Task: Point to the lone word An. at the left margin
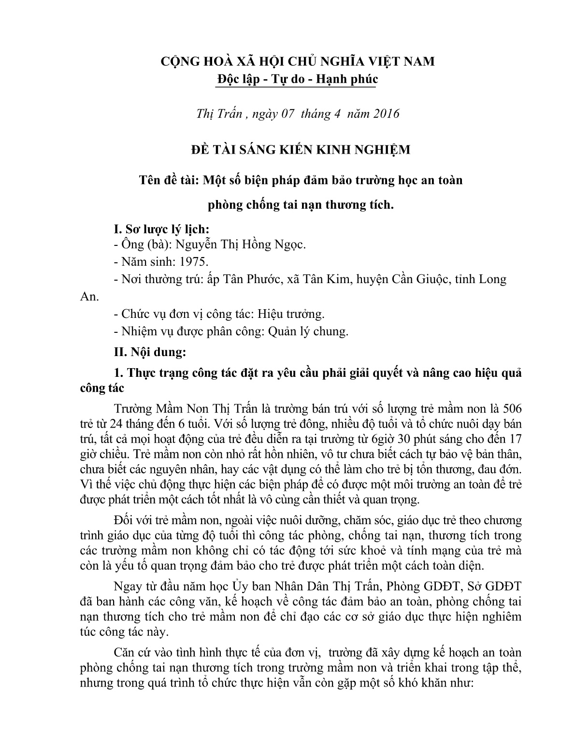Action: point(88,297)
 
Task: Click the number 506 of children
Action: point(512,408)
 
